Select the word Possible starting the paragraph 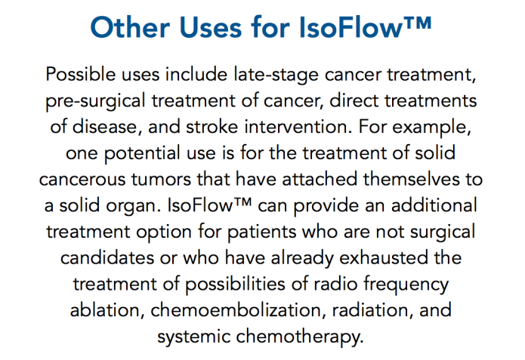pyautogui.click(x=84, y=75)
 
